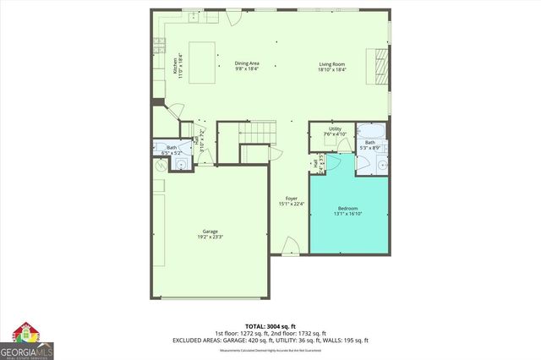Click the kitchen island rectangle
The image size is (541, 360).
[200, 63]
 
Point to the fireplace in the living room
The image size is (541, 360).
[378, 64]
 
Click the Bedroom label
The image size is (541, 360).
[348, 209]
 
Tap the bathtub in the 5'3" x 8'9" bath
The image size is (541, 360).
[369, 133]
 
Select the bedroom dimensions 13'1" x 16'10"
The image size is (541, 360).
[348, 215]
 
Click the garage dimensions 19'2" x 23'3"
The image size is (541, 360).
[210, 237]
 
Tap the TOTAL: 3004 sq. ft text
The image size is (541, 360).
[270, 325]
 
